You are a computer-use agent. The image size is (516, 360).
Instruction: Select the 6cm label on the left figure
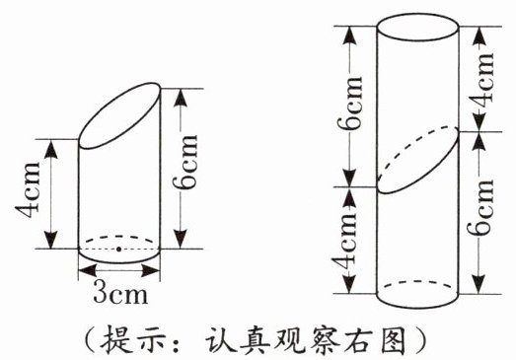(x=185, y=163)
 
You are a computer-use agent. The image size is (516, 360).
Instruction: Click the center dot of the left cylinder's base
(x=118, y=250)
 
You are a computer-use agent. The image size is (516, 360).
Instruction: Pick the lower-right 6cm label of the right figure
(x=481, y=207)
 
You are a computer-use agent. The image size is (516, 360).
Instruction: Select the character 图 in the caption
(x=393, y=340)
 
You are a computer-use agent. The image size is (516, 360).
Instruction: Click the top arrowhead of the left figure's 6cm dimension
(x=181, y=98)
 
